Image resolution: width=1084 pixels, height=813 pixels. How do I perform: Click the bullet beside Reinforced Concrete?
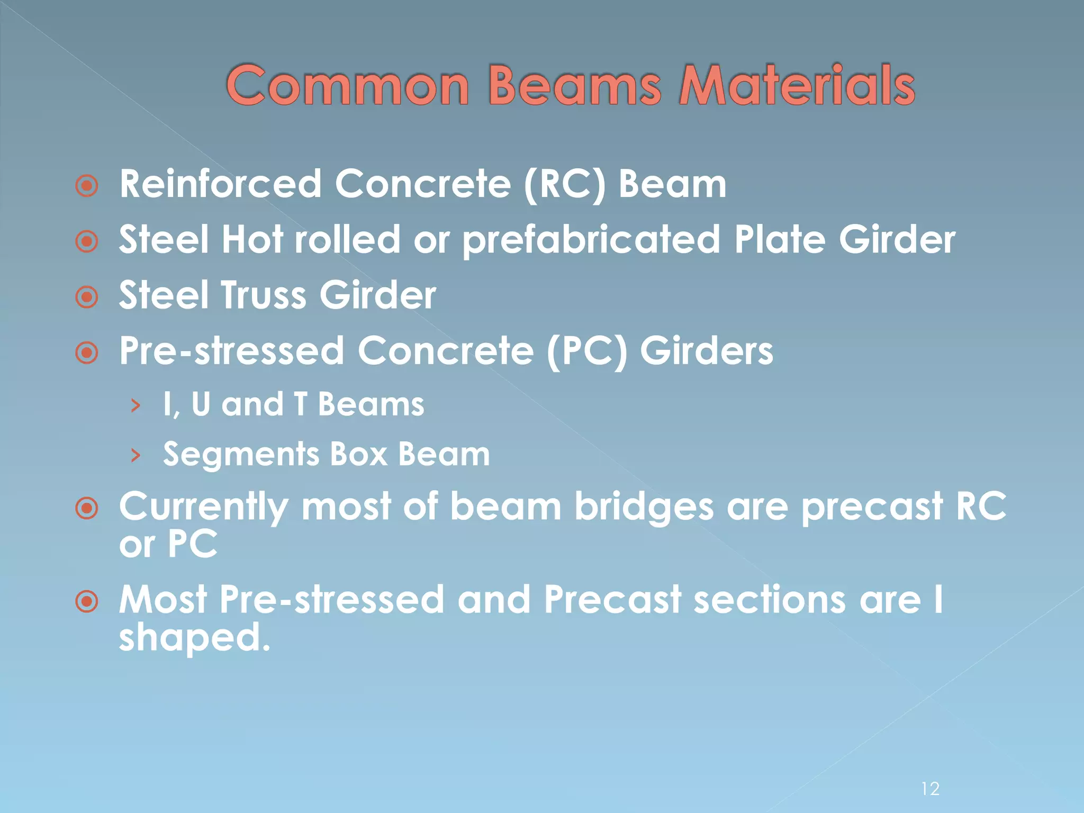(87, 186)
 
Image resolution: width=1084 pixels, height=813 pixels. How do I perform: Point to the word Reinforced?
(220, 184)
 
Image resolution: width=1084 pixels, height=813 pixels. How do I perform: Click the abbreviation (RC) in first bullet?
(564, 185)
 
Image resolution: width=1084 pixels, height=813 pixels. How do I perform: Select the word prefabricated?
(591, 240)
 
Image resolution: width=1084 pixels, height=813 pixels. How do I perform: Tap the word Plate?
(780, 240)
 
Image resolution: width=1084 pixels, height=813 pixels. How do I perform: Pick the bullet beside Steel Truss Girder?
(87, 297)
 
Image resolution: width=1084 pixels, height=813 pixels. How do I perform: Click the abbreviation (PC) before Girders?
(586, 351)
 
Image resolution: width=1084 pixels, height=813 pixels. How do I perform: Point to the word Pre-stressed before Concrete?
(231, 351)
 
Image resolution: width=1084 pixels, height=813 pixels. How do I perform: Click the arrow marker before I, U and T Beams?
(136, 406)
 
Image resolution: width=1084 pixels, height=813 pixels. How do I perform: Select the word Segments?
(240, 455)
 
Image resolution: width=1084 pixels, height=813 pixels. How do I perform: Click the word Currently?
(204, 507)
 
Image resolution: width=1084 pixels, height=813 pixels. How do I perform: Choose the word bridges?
(644, 507)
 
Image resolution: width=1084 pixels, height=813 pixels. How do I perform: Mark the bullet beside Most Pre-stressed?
(87, 602)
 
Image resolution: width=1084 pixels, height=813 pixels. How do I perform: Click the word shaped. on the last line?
(194, 637)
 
